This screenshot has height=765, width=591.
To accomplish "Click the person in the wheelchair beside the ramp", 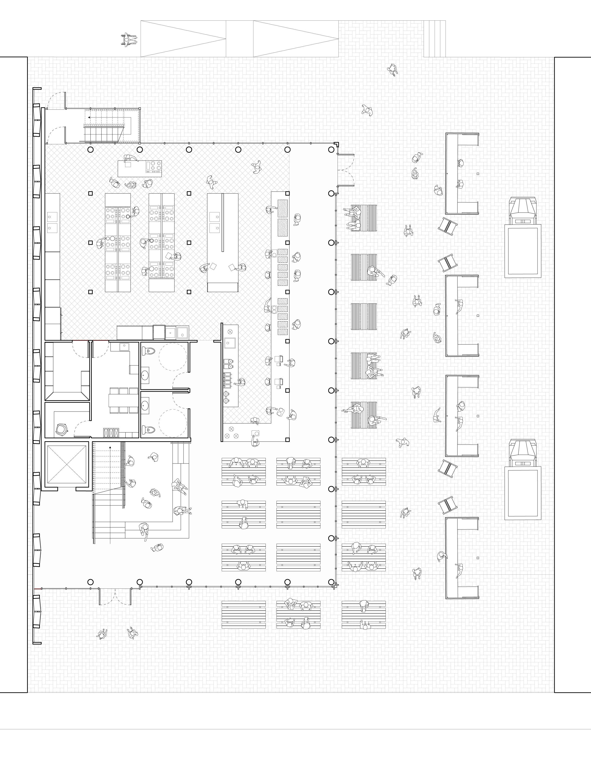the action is click(128, 40).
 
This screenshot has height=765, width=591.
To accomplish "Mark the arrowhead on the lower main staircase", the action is click(110, 447).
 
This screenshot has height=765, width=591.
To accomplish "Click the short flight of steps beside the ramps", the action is click(434, 38).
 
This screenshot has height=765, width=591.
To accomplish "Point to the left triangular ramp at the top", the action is click(183, 38).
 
